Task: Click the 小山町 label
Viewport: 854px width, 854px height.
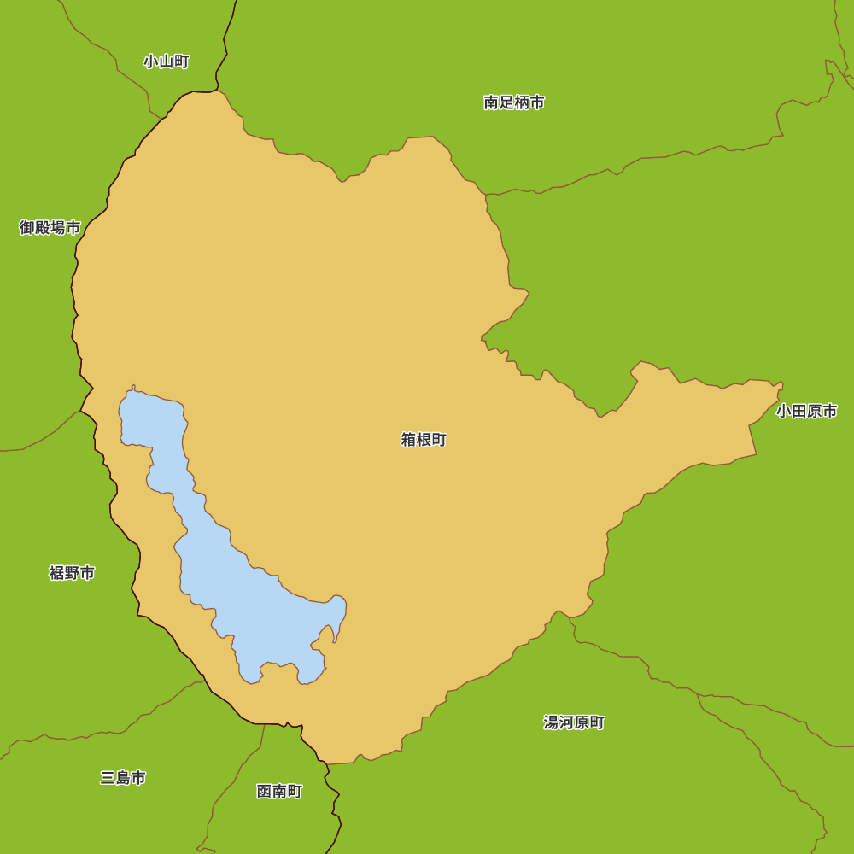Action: [167, 61]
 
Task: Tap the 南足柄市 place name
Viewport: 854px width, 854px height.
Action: [514, 102]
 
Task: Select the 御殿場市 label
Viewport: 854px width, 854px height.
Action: [50, 227]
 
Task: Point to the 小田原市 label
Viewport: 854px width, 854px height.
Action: [806, 411]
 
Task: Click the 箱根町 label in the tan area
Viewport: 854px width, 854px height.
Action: [424, 440]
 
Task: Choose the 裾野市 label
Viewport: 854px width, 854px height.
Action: [72, 572]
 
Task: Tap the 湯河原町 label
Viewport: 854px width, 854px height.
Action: [574, 722]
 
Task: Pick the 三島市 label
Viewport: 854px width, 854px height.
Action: [123, 778]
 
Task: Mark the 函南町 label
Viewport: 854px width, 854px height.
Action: [279, 792]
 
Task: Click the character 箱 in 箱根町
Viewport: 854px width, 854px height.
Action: [408, 440]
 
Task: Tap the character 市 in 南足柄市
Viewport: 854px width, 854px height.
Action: [537, 102]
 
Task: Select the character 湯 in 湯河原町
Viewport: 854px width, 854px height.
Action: [551, 722]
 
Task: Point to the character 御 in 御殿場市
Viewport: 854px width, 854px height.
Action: [27, 227]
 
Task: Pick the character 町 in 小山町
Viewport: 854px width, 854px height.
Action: [182, 61]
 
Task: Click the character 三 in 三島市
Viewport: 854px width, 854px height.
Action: [108, 778]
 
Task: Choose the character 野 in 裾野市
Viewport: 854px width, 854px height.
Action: [72, 572]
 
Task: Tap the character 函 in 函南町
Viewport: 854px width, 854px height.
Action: [264, 792]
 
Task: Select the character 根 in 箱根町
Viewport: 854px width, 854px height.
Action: [424, 440]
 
